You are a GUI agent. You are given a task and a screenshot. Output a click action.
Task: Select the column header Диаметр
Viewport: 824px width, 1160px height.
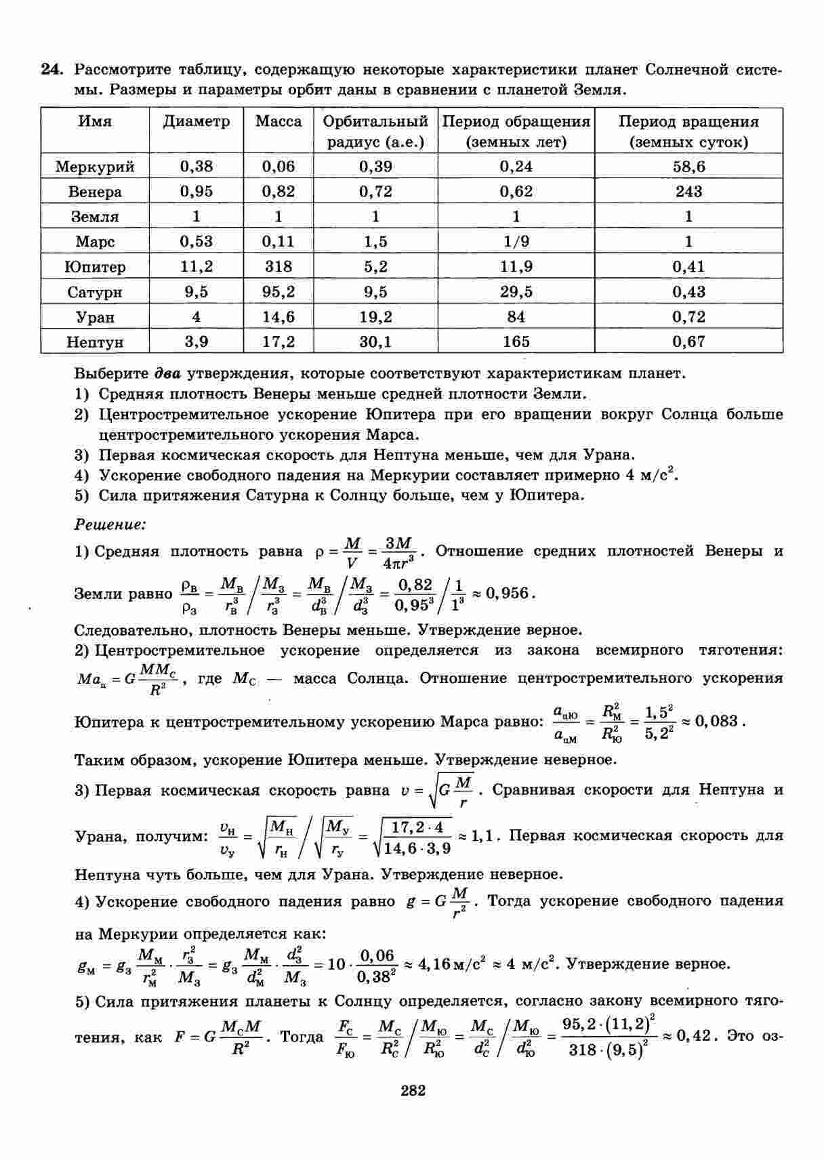coord(196,122)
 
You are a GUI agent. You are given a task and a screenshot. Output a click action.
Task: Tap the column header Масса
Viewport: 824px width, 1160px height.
coord(279,122)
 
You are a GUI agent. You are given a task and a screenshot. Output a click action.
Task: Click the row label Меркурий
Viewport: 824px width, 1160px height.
coord(95,167)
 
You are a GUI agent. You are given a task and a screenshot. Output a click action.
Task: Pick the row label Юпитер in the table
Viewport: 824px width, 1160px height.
coord(95,267)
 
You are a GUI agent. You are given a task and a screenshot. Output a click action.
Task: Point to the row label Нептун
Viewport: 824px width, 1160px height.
coord(95,342)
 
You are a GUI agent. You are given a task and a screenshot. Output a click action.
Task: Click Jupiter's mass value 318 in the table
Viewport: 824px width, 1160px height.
coord(278,266)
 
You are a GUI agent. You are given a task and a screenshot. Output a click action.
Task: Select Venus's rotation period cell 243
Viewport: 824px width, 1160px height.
coord(688,192)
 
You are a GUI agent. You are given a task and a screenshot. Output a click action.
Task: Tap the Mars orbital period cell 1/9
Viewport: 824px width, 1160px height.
coord(516,241)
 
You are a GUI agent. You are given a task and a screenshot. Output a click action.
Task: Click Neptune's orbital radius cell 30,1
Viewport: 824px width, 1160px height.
coord(375,341)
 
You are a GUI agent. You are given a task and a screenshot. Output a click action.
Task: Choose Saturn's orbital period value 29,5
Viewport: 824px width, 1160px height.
coord(516,291)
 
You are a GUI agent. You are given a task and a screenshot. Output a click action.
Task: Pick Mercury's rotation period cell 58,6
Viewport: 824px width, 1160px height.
coord(688,167)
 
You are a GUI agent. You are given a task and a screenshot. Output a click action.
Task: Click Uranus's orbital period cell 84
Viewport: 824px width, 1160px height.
coord(516,316)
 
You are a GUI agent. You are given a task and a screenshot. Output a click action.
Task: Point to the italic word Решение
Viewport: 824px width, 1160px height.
coord(110,524)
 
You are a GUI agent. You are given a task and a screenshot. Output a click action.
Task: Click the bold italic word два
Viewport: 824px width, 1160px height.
coord(167,373)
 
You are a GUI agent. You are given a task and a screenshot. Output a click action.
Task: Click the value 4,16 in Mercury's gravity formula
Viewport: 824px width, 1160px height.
coord(435,964)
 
